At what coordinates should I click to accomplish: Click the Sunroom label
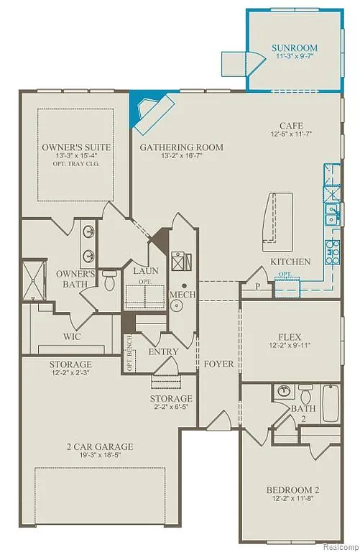click(x=295, y=48)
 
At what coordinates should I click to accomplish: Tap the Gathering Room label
click(x=181, y=147)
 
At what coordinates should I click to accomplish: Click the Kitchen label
click(x=290, y=262)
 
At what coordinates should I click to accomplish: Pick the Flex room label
click(x=289, y=336)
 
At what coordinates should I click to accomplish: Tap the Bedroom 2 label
click(x=292, y=491)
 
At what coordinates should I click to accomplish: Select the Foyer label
click(x=218, y=364)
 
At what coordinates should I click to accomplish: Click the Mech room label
click(x=178, y=295)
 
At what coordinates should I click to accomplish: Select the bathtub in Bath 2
click(x=330, y=403)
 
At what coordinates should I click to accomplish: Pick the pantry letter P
click(x=256, y=285)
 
